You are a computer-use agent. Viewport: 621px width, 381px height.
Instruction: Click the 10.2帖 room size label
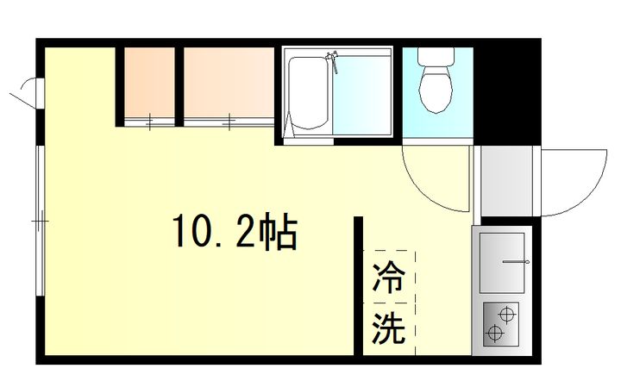pyautogui.click(x=235, y=233)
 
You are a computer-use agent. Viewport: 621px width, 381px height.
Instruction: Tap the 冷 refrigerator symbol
pyautogui.click(x=389, y=278)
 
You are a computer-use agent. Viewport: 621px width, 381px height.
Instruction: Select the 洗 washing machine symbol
pyautogui.click(x=389, y=328)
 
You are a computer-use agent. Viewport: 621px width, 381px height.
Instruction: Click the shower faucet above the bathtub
pyautogui.click(x=331, y=60)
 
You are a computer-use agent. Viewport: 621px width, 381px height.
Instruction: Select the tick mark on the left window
pyautogui.click(x=40, y=222)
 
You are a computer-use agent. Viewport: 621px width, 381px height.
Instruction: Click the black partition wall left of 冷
pyautogui.click(x=358, y=284)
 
